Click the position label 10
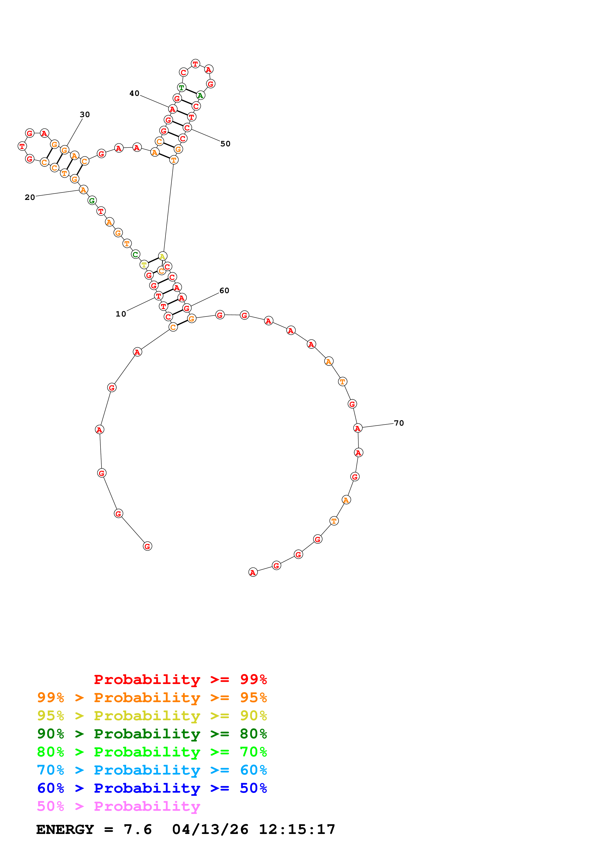[x=121, y=314]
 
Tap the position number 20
[x=30, y=197]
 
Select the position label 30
[x=85, y=114]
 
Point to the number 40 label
[x=134, y=93]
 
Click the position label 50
[x=225, y=144]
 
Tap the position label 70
[x=399, y=423]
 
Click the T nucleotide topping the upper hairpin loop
[x=195, y=64]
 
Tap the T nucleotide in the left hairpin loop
[x=22, y=146]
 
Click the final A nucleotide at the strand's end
[x=253, y=572]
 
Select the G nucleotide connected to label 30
[x=65, y=150]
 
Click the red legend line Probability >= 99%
[x=180, y=679]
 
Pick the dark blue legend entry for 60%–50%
[x=152, y=788]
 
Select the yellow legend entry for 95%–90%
[x=152, y=715]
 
